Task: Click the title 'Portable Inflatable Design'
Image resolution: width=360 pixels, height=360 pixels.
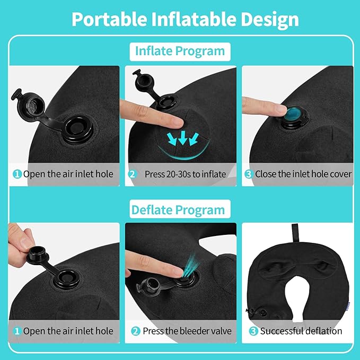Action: pyautogui.click(x=185, y=19)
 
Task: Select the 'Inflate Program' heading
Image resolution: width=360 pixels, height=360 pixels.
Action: pyautogui.click(x=180, y=51)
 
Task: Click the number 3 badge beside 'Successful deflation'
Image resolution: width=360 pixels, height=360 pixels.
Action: pyautogui.click(x=254, y=331)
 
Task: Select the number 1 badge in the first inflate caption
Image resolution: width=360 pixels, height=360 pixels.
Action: pyautogui.click(x=17, y=174)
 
